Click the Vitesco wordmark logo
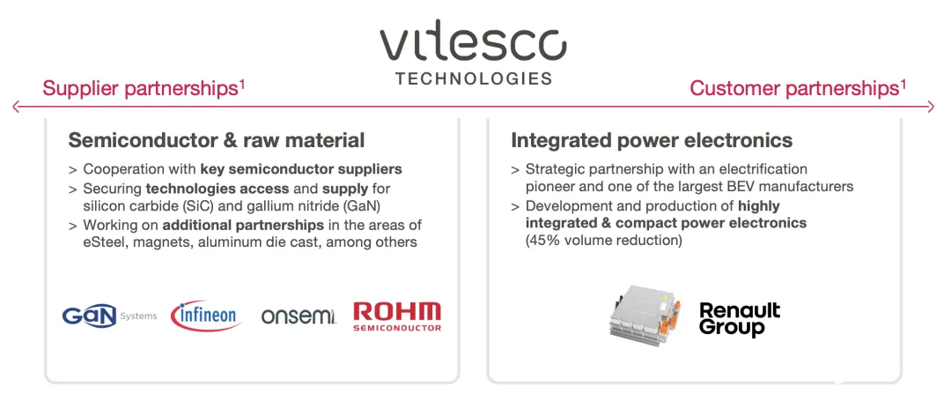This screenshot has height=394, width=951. [473, 44]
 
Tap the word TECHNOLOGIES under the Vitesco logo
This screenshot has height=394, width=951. [474, 79]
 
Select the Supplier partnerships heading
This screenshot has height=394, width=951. [144, 89]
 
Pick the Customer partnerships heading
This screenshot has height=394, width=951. [798, 89]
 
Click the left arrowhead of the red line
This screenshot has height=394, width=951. [16, 108]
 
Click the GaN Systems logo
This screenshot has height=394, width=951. [109, 316]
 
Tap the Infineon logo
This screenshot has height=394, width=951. [206, 316]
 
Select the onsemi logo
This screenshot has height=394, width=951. [299, 316]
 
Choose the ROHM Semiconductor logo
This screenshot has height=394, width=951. [397, 316]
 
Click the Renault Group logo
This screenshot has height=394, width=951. [740, 320]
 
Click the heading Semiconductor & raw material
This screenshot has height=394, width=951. [217, 141]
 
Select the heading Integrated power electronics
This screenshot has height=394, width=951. [652, 141]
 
